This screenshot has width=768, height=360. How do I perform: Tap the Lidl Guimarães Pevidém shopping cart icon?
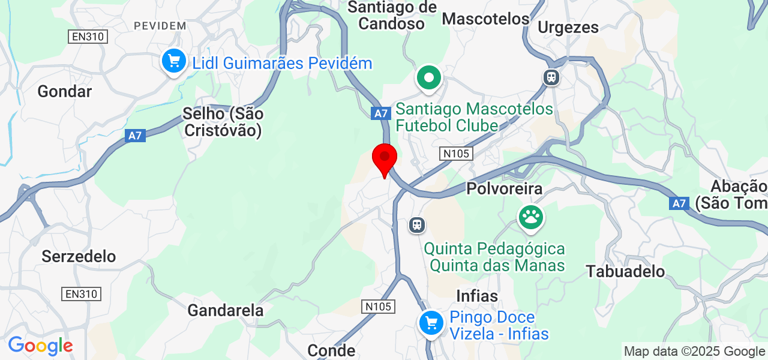[174, 61]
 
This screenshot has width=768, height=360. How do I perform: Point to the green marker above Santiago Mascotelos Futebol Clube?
[429, 78]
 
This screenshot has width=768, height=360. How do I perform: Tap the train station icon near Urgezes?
[550, 77]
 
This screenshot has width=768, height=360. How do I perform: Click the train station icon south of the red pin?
[416, 225]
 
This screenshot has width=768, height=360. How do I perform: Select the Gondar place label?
[64, 91]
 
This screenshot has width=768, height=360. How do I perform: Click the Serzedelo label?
[79, 256]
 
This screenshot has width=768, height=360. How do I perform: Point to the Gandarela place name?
[226, 310]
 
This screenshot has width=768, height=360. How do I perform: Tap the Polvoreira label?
[504, 188]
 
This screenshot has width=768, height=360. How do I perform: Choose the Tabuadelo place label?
[626, 271]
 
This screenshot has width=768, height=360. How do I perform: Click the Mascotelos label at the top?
[485, 19]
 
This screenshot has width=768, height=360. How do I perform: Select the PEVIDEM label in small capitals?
[160, 25]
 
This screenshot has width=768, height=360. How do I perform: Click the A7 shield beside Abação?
[679, 203]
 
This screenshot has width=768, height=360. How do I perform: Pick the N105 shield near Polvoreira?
[455, 154]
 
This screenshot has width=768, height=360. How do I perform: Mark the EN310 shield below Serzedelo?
[82, 294]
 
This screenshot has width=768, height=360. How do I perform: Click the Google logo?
[40, 346]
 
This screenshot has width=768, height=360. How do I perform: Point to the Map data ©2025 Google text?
[694, 351]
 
